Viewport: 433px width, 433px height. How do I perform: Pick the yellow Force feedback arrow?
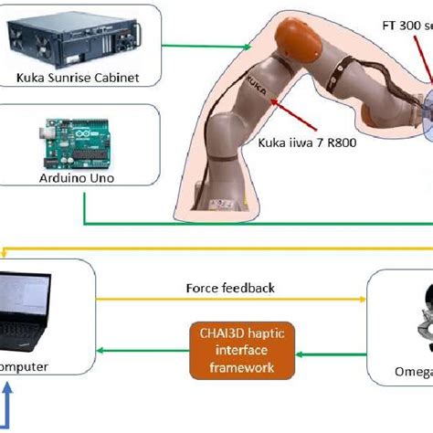228,301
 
